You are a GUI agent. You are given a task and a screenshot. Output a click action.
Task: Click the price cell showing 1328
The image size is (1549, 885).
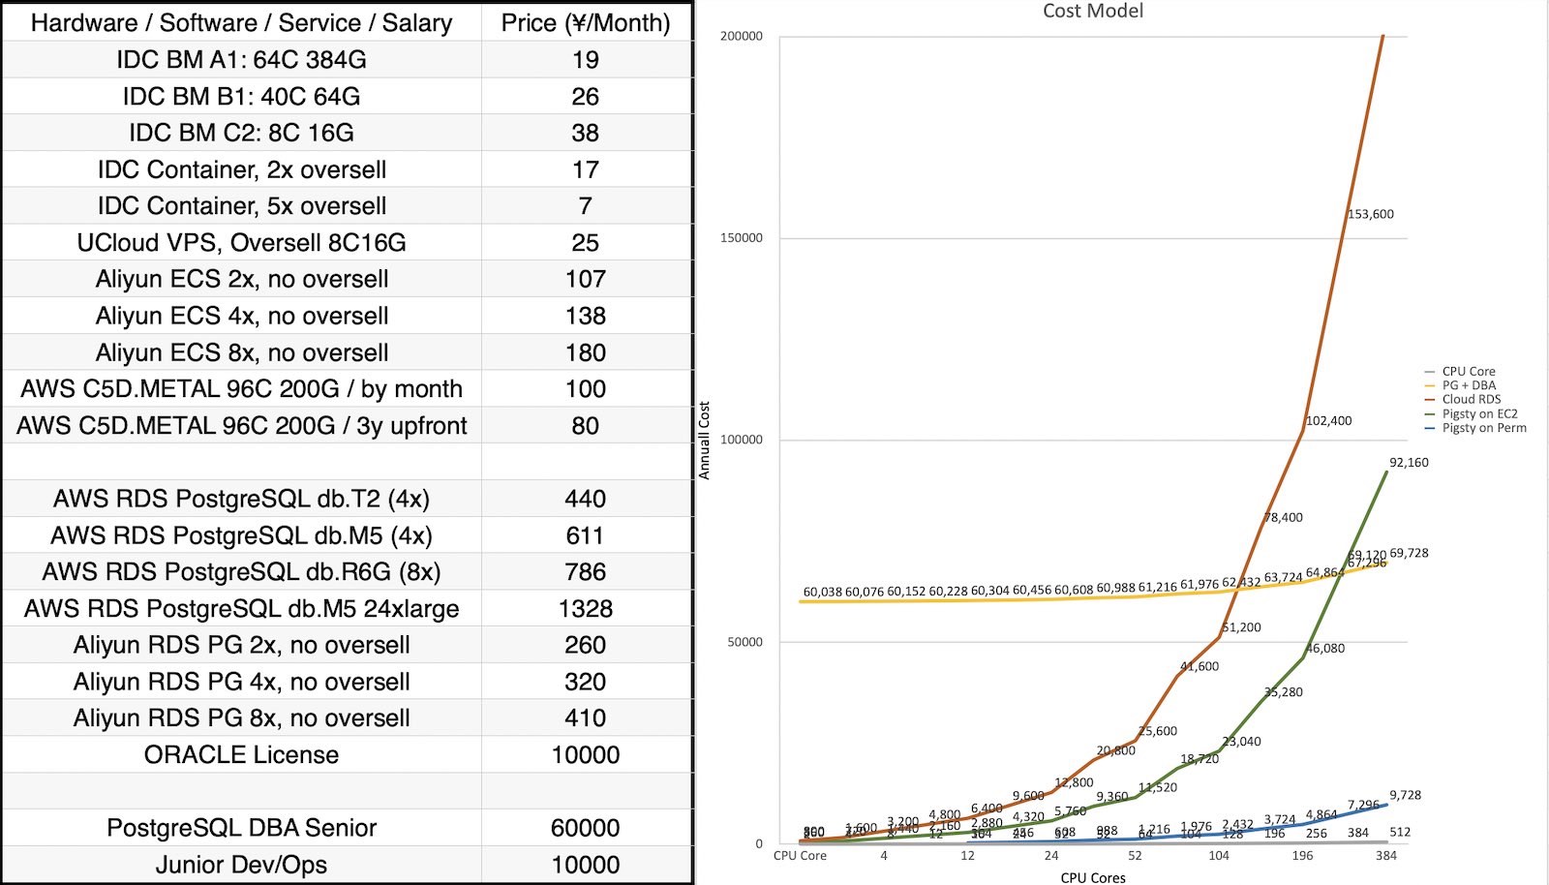tap(585, 608)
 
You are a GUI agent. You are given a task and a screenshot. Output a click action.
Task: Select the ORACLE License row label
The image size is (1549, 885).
tap(241, 754)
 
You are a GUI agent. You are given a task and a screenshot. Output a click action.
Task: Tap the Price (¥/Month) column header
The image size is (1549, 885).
tap(585, 23)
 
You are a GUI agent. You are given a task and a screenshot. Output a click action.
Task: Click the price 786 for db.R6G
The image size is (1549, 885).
tap(585, 571)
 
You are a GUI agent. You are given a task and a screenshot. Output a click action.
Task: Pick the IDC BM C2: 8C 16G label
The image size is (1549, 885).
tap(241, 133)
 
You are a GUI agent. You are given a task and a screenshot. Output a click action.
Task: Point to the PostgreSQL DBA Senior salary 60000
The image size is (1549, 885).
tap(585, 828)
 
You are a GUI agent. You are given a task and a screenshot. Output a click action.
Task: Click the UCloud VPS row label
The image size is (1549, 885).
tap(241, 242)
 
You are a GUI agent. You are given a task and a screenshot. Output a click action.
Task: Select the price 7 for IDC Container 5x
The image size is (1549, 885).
tap(585, 205)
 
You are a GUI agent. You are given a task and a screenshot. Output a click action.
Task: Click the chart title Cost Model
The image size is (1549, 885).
tap(1092, 11)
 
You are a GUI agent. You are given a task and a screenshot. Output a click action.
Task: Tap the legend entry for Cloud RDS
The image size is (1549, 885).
tap(1471, 399)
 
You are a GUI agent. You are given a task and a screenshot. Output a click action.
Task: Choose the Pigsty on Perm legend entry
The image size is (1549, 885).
tap(1483, 427)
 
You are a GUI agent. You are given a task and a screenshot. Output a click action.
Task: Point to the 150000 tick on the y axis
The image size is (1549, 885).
tap(742, 238)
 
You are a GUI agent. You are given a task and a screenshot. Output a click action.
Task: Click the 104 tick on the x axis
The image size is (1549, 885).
tap(1218, 856)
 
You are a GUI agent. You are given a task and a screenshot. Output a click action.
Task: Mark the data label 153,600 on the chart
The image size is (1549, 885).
tap(1370, 214)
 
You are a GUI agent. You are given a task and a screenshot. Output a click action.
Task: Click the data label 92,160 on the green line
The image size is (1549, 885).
tap(1409, 463)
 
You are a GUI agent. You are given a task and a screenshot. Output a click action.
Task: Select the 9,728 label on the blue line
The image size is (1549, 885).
tap(1405, 795)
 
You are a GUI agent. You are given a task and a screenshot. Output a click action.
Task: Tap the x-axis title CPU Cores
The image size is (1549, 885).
tap(1092, 877)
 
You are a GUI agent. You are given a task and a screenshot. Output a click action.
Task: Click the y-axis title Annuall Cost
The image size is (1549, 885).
tap(704, 441)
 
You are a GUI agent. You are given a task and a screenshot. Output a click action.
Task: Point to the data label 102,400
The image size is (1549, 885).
tap(1328, 421)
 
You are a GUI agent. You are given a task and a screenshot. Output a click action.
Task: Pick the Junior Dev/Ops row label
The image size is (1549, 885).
tap(241, 865)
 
